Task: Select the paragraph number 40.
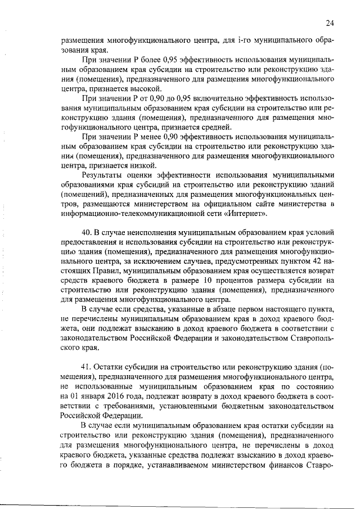[x=87, y=232]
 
